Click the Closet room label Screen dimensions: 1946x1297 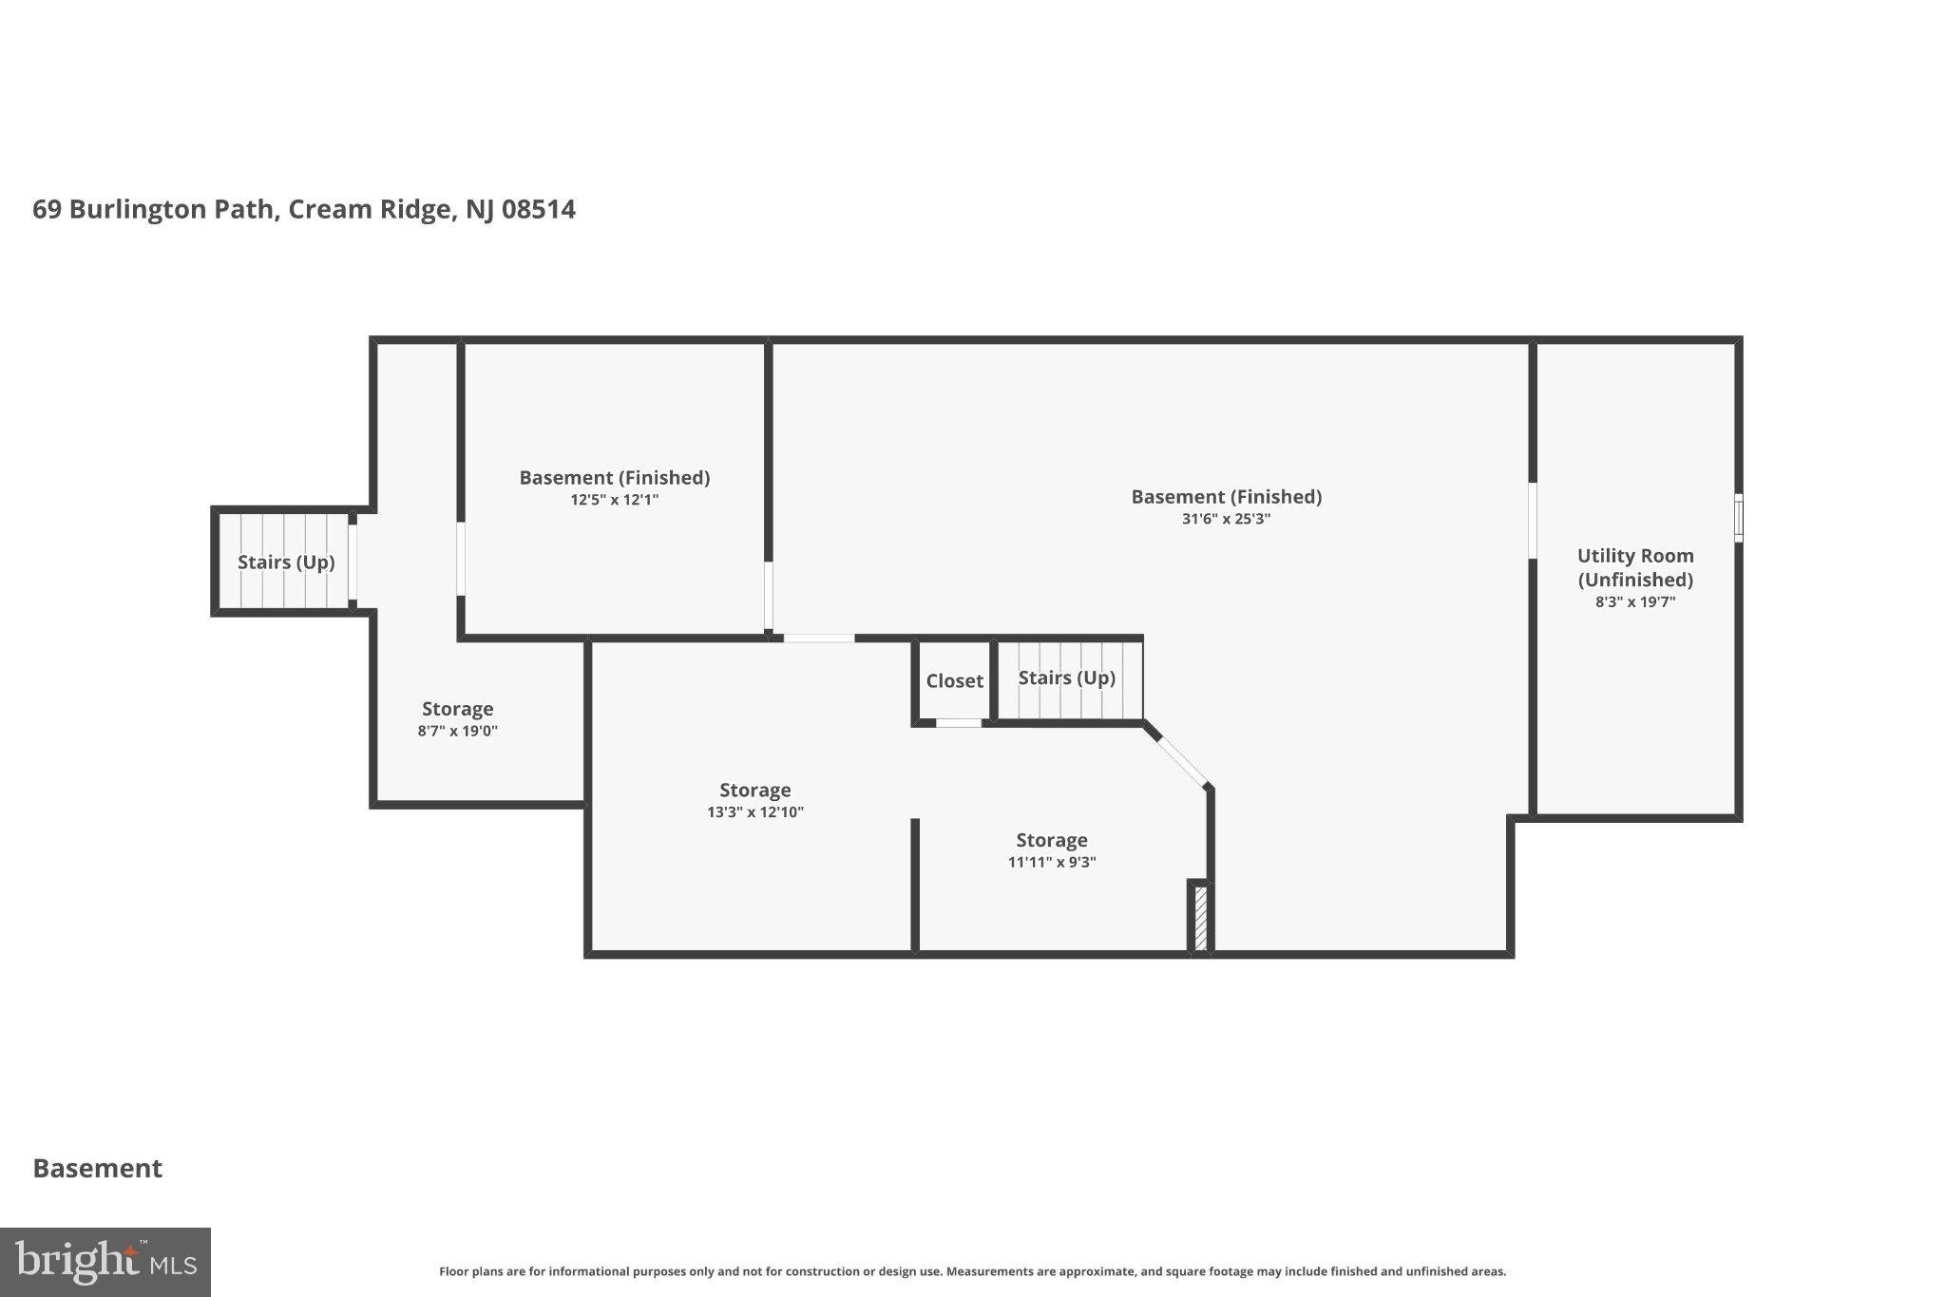(954, 681)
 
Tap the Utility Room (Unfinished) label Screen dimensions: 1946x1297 (1635, 567)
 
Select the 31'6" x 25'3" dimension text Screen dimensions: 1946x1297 (1226, 519)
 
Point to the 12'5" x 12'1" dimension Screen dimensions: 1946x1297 (615, 500)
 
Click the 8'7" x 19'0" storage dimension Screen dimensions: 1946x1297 (458, 731)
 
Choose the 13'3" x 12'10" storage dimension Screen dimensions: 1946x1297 (755, 812)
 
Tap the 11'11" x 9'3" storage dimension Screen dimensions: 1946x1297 (1052, 863)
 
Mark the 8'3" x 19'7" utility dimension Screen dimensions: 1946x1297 (1635, 601)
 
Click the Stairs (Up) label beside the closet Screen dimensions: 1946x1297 (1067, 677)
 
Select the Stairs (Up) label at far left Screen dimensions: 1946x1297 (286, 563)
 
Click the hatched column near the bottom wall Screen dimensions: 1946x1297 (1200, 917)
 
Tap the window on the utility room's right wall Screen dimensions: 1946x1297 (1739, 518)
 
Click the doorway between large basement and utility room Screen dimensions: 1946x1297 (1533, 521)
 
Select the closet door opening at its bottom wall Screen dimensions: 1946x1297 (959, 723)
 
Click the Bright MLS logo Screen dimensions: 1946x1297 (105, 1262)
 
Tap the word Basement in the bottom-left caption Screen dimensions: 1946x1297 (98, 1169)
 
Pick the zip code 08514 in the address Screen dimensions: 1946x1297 (539, 209)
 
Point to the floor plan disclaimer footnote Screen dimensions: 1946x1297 (973, 1271)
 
